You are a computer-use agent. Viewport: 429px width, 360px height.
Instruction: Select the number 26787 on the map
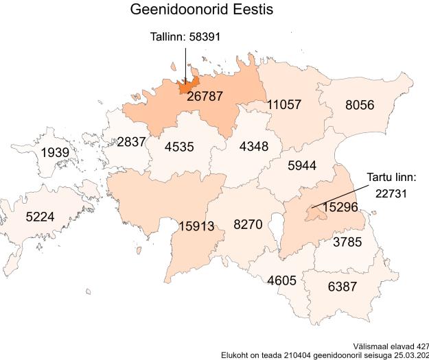tap(205, 97)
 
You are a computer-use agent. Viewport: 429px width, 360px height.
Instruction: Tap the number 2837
tap(131, 142)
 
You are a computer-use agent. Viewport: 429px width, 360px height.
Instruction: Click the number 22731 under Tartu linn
tap(391, 193)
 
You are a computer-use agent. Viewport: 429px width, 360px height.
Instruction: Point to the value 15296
tap(340, 206)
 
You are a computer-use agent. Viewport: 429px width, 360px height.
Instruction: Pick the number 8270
tap(248, 224)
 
